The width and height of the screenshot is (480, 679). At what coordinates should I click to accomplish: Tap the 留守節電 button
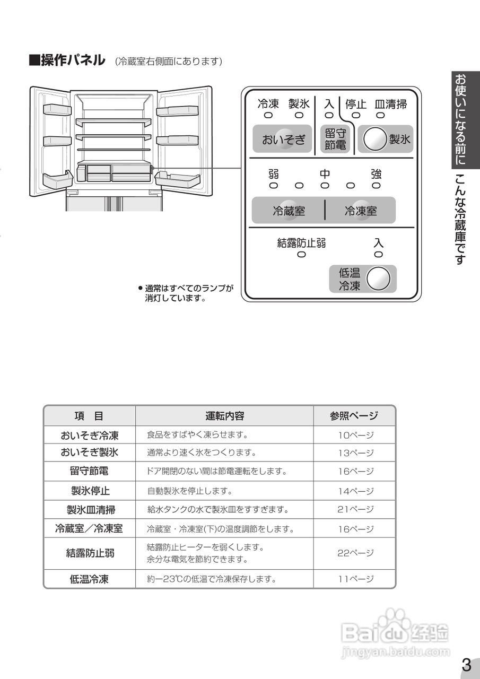pyautogui.click(x=335, y=140)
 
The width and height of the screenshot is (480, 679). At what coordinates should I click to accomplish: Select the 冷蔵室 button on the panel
pyautogui.click(x=289, y=211)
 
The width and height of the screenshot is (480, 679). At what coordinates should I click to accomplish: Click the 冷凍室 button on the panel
pyautogui.click(x=361, y=211)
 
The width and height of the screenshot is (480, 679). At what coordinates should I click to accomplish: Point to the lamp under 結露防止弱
pyautogui.click(x=301, y=255)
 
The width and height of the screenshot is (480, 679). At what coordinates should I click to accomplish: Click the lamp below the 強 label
pyautogui.click(x=376, y=186)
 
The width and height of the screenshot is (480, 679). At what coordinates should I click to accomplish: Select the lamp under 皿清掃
pyautogui.click(x=380, y=115)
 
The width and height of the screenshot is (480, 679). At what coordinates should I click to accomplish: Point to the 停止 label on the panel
pyautogui.click(x=356, y=104)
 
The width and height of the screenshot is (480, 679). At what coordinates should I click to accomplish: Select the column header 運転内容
pyautogui.click(x=224, y=416)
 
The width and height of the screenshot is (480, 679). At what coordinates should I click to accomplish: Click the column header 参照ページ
pyautogui.click(x=354, y=416)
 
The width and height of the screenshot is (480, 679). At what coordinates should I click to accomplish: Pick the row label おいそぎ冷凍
pyautogui.click(x=89, y=436)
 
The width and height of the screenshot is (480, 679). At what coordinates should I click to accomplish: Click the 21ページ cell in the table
pyautogui.click(x=355, y=509)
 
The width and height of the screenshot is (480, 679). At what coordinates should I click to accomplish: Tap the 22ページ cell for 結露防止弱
pyautogui.click(x=355, y=553)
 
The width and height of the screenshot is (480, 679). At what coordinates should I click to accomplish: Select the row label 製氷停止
pyautogui.click(x=90, y=491)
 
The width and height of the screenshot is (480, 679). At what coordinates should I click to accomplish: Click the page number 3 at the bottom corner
pyautogui.click(x=466, y=665)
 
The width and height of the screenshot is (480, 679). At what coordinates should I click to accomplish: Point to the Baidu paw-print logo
pyautogui.click(x=395, y=622)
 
